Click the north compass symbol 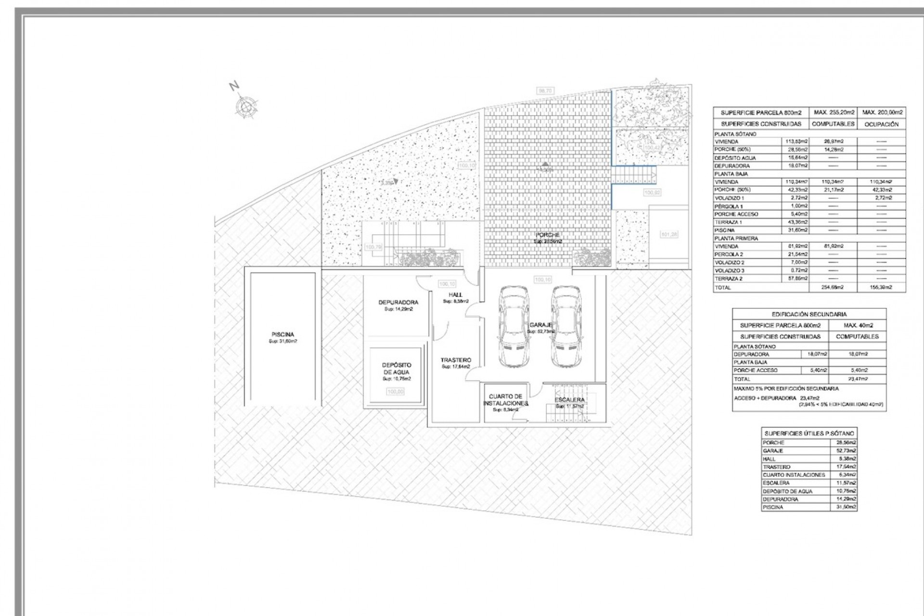tap(246, 106)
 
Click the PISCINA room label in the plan tap(282, 334)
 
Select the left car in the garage tap(514, 327)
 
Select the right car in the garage tap(565, 327)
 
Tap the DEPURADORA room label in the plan tap(398, 303)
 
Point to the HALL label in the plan tap(455, 295)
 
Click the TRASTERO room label tap(456, 360)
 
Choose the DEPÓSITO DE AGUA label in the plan tap(397, 369)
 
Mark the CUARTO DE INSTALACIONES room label tap(505, 400)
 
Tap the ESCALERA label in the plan tap(569, 400)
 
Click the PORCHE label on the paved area tap(548, 235)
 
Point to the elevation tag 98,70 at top tap(546, 90)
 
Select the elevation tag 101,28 tap(669, 234)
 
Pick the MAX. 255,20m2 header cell tap(834, 113)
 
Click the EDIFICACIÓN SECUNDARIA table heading tap(809, 314)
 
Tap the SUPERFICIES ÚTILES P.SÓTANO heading tap(809, 434)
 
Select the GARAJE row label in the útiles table tap(773, 451)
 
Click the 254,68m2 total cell tap(834, 287)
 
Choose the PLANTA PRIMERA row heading tap(736, 238)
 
